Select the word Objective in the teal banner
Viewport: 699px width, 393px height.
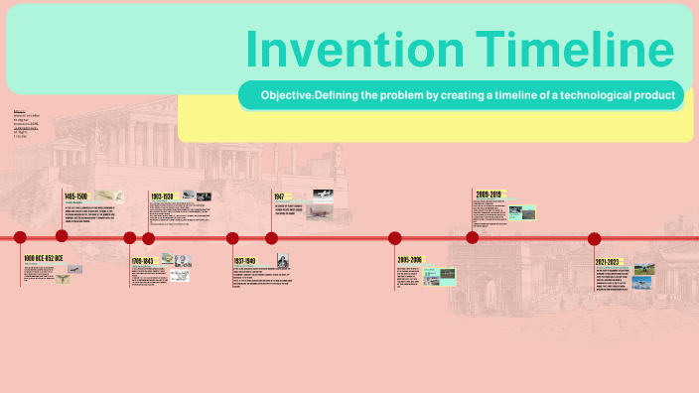[286, 95]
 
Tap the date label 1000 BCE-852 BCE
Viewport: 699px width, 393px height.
[43, 258]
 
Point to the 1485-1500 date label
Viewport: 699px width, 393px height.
[76, 196]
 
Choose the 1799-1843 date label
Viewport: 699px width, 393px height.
[143, 261]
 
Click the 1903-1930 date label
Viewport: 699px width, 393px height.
[162, 196]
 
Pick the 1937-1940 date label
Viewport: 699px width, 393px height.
[245, 261]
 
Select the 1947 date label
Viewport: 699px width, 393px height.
[280, 197]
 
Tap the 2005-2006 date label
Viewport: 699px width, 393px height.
[409, 260]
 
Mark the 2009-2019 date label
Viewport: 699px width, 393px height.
[489, 195]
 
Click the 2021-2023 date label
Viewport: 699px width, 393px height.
[607, 261]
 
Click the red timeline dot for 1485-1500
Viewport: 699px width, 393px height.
[62, 235]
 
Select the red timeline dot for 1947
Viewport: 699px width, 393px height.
[271, 237]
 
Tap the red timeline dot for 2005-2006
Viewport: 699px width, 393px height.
[395, 238]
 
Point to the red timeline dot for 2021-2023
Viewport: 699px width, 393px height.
[595, 238]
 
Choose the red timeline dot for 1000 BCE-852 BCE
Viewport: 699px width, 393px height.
[20, 237]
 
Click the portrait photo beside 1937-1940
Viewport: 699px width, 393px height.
[281, 261]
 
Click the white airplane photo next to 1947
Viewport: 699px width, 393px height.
[322, 195]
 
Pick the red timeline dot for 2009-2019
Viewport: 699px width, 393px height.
[473, 236]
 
